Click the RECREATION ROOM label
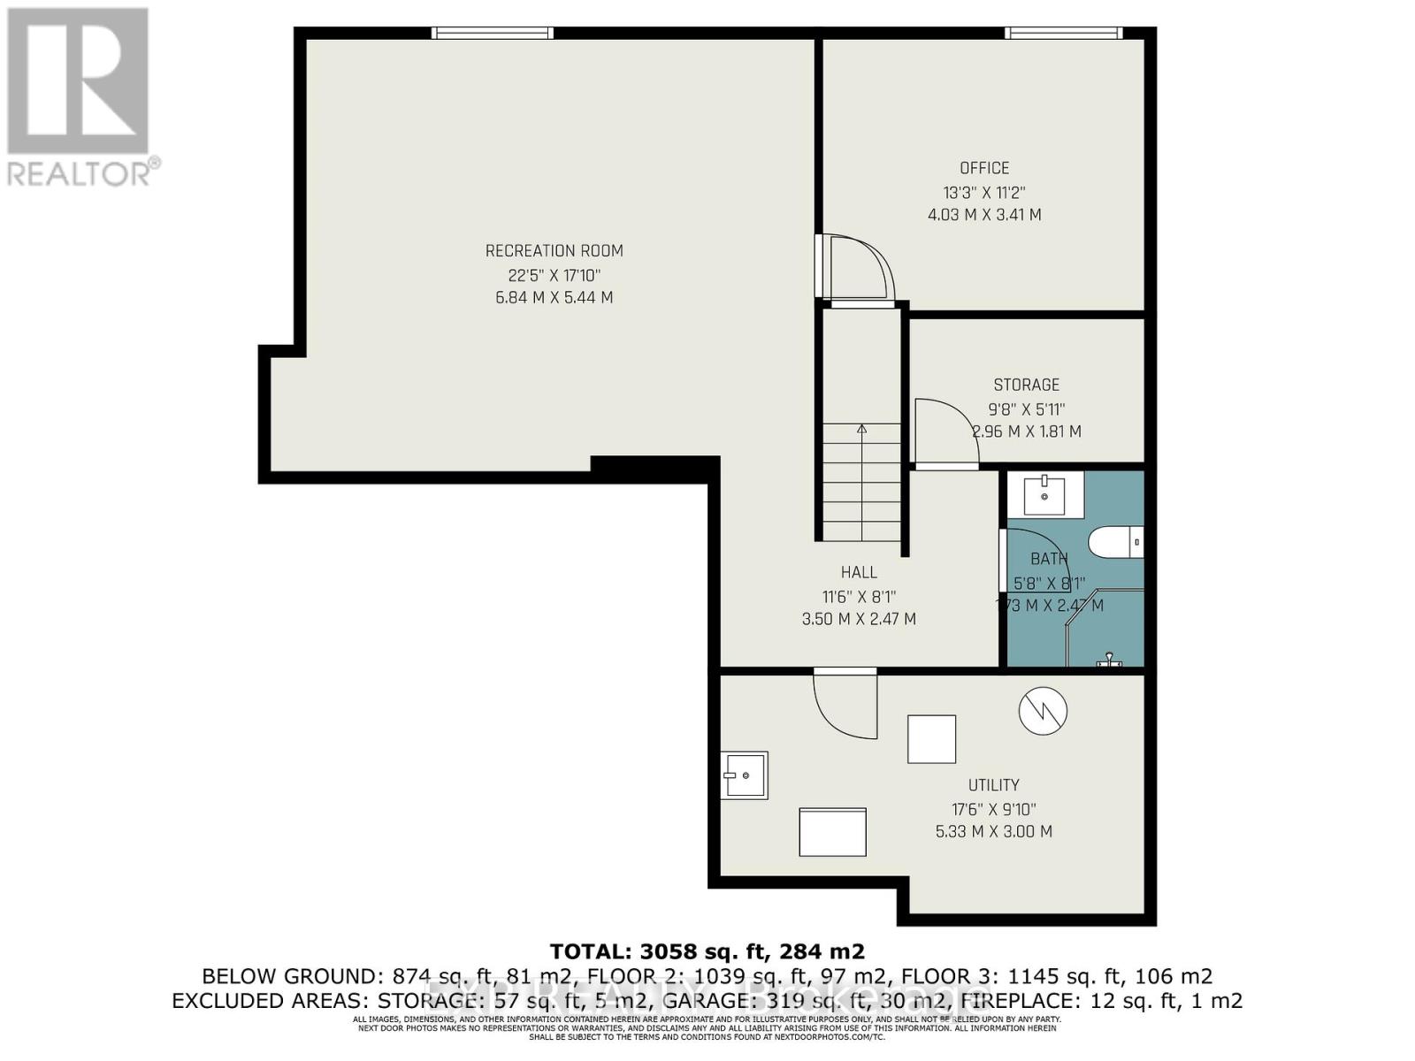[554, 251]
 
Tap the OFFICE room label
[984, 168]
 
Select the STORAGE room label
[1026, 385]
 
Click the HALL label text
[859, 572]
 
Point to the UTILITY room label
[993, 785]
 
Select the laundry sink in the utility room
[744, 775]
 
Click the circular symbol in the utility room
[1043, 710]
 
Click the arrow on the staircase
[861, 431]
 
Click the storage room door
[946, 433]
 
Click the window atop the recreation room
[493, 34]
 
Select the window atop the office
[1063, 34]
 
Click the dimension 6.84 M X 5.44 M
[554, 298]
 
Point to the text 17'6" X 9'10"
[993, 808]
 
